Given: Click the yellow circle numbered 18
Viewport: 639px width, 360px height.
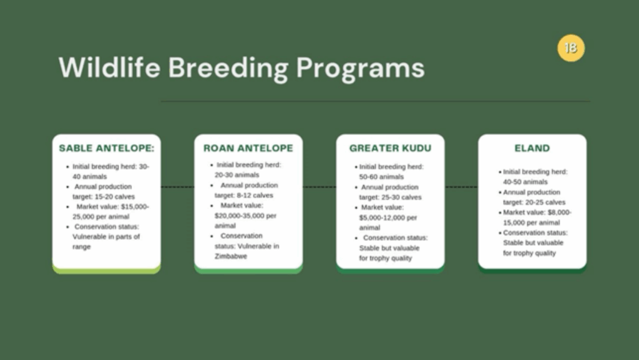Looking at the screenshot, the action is pyautogui.click(x=571, y=48).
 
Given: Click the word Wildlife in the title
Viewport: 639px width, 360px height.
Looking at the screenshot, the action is pyautogui.click(x=110, y=67).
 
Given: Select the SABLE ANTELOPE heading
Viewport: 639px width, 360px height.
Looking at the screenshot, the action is pyautogui.click(x=107, y=148).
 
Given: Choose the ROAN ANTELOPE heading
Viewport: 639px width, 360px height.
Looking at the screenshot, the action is pyautogui.click(x=248, y=148).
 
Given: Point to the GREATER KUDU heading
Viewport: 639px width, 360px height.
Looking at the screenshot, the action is pyautogui.click(x=390, y=148).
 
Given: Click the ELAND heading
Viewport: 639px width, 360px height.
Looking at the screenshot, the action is pyautogui.click(x=532, y=148).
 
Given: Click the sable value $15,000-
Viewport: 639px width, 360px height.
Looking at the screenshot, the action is pyautogui.click(x=135, y=207).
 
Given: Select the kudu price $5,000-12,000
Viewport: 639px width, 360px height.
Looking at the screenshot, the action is pyautogui.click(x=383, y=218).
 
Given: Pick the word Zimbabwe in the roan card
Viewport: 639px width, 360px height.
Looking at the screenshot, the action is pyautogui.click(x=231, y=256).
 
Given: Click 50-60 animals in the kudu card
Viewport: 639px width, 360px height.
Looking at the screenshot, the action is pyautogui.click(x=381, y=177).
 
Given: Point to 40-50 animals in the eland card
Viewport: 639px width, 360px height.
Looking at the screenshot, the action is pyautogui.click(x=525, y=182).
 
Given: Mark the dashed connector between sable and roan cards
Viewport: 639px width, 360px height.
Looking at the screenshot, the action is pyautogui.click(x=178, y=187).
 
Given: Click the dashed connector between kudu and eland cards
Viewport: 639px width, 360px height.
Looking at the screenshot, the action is pyautogui.click(x=461, y=187).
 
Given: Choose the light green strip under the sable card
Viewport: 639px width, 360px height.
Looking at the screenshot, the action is pyautogui.click(x=106, y=270).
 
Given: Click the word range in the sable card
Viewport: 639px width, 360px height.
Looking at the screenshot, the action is pyautogui.click(x=82, y=247).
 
